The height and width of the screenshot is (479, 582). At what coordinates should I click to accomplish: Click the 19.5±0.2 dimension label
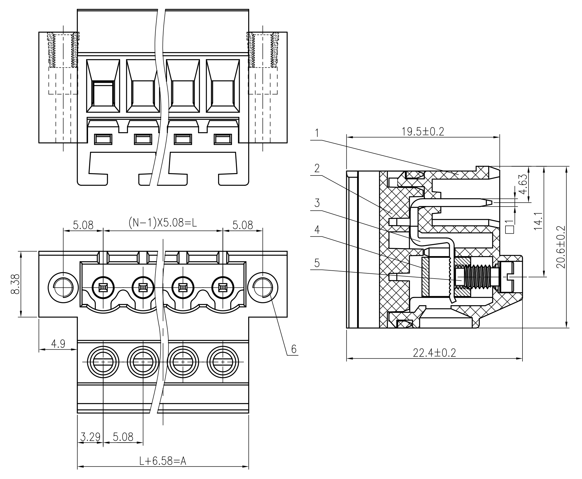click(422, 132)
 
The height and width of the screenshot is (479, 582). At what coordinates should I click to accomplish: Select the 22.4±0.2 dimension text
click(434, 353)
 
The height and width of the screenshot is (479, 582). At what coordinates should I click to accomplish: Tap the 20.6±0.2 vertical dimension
click(561, 247)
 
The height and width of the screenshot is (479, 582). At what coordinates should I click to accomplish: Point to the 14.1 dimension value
click(538, 221)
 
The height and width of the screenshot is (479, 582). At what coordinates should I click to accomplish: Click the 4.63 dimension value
click(523, 184)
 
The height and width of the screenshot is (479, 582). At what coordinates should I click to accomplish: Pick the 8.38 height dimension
click(15, 284)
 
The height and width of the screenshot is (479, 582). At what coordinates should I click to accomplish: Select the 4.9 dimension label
click(58, 344)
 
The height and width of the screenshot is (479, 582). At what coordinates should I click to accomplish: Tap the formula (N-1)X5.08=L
click(163, 222)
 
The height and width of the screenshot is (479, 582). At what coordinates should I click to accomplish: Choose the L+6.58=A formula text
click(163, 461)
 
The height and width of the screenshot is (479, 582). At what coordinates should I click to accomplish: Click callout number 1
click(317, 133)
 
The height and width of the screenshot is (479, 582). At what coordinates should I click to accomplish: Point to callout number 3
click(317, 203)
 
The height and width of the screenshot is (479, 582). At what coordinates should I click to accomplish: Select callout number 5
click(317, 263)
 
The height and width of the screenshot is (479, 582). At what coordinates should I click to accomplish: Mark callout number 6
click(294, 349)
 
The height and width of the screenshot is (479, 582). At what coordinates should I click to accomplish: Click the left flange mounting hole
click(63, 288)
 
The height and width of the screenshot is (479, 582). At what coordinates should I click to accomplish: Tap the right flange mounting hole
click(263, 288)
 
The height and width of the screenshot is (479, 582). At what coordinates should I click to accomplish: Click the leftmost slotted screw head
click(103, 362)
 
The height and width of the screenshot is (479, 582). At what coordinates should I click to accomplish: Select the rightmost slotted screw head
click(223, 362)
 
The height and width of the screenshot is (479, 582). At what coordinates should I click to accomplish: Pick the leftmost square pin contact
click(103, 288)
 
